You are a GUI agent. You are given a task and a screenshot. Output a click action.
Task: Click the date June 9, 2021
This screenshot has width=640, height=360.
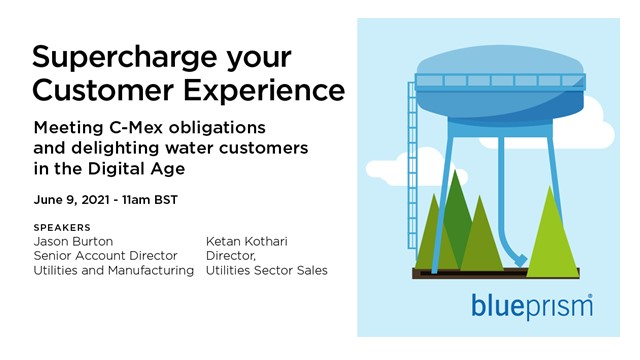tap(72, 200)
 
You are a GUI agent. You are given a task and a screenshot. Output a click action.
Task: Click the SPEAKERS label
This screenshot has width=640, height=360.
tap(62, 228)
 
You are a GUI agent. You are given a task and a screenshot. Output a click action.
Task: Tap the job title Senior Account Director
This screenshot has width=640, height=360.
tap(105, 256)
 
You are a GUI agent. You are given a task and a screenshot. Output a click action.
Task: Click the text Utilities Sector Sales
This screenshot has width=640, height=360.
tap(266, 270)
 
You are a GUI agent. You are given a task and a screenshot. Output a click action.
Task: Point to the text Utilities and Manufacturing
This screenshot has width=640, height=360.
tap(113, 270)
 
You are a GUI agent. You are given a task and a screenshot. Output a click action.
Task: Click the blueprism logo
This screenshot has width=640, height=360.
tap(531, 304)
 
